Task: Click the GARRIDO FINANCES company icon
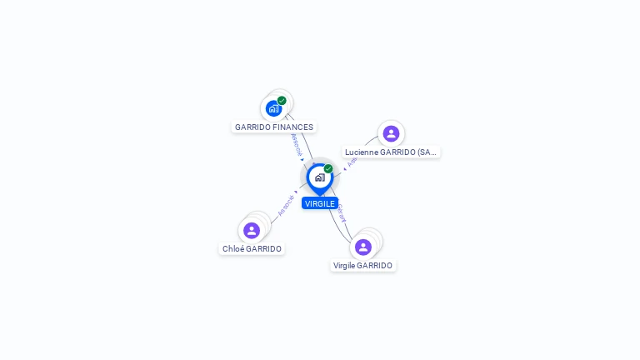click(273, 108)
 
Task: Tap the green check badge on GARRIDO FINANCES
click(282, 101)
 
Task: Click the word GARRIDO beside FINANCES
click(252, 127)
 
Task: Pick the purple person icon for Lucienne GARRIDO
click(391, 133)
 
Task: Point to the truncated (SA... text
click(427, 152)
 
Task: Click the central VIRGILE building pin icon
click(319, 177)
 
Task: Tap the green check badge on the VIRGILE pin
click(328, 169)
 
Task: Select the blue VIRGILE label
click(320, 203)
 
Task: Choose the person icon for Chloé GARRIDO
click(252, 230)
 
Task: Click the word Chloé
click(232, 249)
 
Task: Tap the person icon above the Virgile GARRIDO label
click(363, 247)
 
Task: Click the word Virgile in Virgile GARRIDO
click(344, 266)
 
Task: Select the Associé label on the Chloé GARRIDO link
click(285, 205)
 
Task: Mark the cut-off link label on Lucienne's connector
click(352, 162)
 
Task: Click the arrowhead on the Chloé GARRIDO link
click(297, 192)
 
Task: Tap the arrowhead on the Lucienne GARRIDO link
click(344, 169)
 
